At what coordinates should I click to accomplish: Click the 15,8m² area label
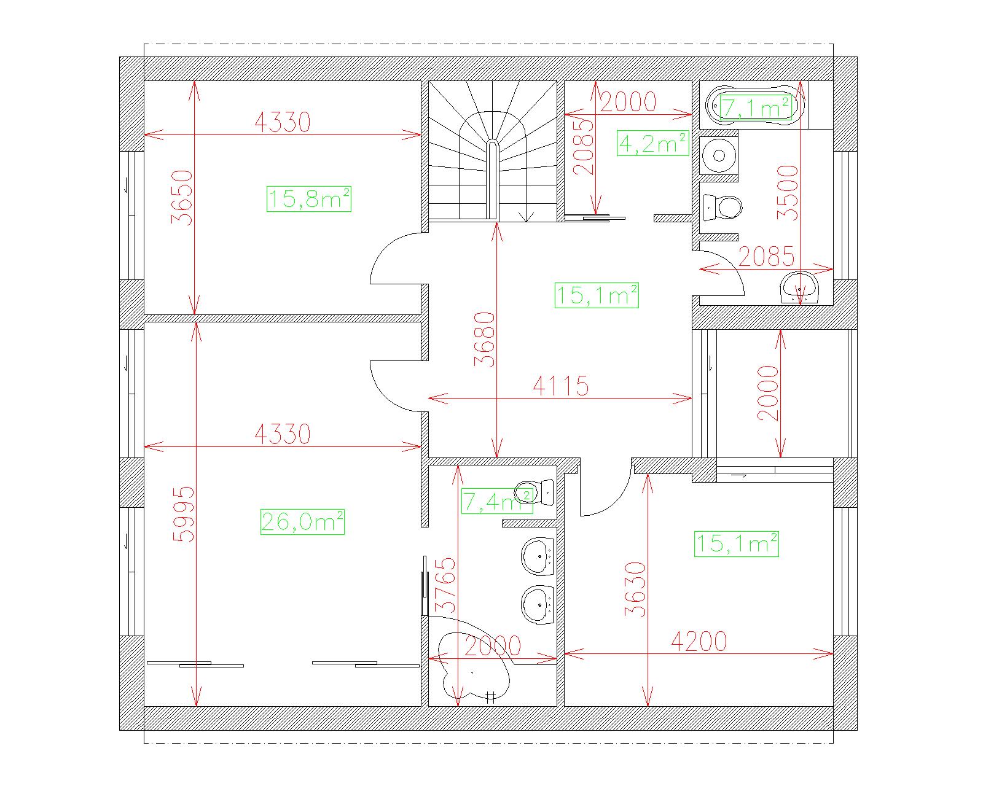coord(309,199)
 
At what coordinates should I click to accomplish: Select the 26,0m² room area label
coord(302,521)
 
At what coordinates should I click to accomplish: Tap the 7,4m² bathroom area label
coord(497,501)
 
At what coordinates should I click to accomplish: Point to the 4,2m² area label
coord(652,143)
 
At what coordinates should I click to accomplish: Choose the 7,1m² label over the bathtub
coord(756,108)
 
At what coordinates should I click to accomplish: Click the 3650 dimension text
coord(182,197)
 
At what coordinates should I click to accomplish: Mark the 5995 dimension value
coord(184,514)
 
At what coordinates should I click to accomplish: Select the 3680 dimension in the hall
coord(485,340)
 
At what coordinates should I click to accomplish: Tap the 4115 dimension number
coord(561,386)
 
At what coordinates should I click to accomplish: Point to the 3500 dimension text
coord(788,192)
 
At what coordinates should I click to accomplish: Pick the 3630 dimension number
coord(635,589)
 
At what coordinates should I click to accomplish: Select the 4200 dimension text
coord(699,641)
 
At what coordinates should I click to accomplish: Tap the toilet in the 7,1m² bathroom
coord(722,207)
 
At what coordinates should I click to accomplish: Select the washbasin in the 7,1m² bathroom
coord(799,287)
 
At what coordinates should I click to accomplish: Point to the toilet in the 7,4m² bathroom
coord(534,493)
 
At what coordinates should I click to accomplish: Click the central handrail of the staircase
coord(491,179)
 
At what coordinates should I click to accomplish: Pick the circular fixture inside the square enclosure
coord(719,155)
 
